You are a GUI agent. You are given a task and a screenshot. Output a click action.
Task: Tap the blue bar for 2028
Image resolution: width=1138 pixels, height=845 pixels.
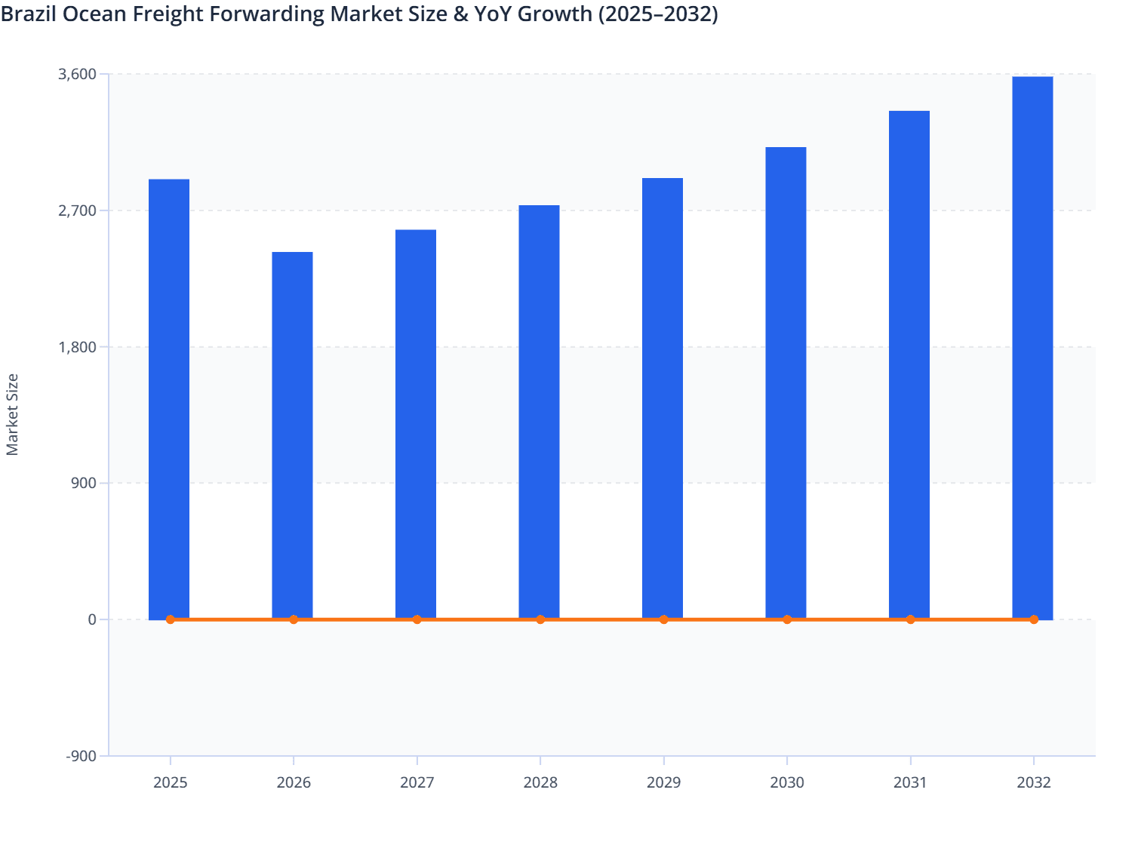tap(539, 411)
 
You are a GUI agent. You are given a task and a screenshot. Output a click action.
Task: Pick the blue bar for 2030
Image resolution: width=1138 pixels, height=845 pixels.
tap(786, 383)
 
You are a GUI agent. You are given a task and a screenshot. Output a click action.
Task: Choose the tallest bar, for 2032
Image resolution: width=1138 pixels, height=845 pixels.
tap(1032, 347)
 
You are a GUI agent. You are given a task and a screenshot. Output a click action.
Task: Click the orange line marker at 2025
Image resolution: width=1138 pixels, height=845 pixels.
tap(171, 619)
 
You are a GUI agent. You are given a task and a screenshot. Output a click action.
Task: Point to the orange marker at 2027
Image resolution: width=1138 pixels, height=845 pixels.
tap(417, 619)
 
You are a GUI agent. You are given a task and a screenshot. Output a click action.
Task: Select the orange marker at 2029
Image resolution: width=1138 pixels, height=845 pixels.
tap(664, 619)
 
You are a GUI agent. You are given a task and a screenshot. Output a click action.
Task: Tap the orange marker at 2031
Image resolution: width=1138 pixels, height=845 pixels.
tap(911, 619)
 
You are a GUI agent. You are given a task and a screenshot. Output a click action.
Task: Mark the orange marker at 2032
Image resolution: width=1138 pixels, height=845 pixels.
tap(1034, 619)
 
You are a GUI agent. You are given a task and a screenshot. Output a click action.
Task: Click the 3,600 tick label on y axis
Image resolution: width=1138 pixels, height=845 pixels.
tap(77, 74)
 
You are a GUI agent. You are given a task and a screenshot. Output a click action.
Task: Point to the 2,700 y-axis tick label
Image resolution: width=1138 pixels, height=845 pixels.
tap(77, 210)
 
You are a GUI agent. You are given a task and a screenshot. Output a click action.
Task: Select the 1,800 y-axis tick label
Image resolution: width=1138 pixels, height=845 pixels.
tap(77, 347)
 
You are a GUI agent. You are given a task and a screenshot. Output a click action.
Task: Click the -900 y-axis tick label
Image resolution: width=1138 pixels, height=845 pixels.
tap(82, 756)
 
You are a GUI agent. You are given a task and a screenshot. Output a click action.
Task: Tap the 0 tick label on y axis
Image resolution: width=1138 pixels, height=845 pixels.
tap(92, 619)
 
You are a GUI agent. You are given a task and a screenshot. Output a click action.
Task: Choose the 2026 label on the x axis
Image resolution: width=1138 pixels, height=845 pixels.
tap(294, 782)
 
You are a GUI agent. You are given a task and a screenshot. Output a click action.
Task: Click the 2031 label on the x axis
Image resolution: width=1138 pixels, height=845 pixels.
tap(910, 782)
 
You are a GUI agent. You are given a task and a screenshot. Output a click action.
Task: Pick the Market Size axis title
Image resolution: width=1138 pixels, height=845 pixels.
tap(12, 414)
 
